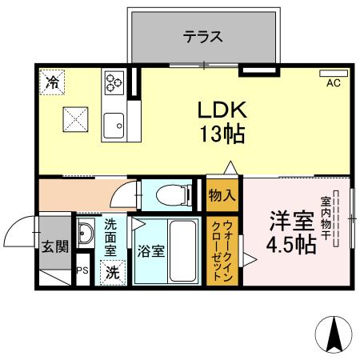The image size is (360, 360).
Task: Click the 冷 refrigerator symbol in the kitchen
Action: (52, 81)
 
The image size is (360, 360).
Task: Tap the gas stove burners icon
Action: (114, 81)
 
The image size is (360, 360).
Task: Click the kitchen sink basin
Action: (114, 123)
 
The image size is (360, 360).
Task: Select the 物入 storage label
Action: (222, 194)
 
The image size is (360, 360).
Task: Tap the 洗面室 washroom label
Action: (110, 238)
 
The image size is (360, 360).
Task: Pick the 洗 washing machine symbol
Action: (113, 272)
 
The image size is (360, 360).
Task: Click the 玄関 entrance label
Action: (54, 246)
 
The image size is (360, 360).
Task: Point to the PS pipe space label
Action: (82, 271)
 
